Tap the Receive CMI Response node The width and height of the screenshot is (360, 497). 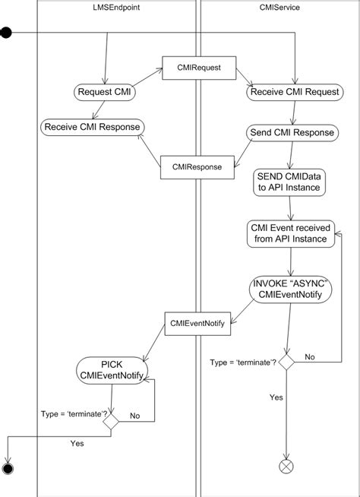92,126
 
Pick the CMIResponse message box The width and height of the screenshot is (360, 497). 191,166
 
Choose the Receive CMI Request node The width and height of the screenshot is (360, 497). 293,93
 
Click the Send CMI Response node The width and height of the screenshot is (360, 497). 292,133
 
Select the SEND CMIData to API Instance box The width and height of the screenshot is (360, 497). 289,181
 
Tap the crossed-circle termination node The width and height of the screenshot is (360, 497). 286,464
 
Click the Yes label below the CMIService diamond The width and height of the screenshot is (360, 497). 277,397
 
